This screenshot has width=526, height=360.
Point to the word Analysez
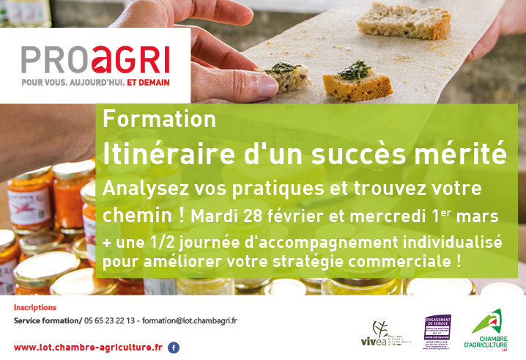[x=141, y=188]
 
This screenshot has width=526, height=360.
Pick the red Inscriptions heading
[x=35, y=307]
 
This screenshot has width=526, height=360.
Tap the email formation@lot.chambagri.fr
[x=190, y=320]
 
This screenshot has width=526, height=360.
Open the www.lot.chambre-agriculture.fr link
[x=88, y=347]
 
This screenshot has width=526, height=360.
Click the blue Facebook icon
[x=174, y=348]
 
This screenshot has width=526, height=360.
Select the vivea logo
[x=382, y=334]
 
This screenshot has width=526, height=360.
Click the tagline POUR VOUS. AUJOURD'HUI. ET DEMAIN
[x=95, y=83]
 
